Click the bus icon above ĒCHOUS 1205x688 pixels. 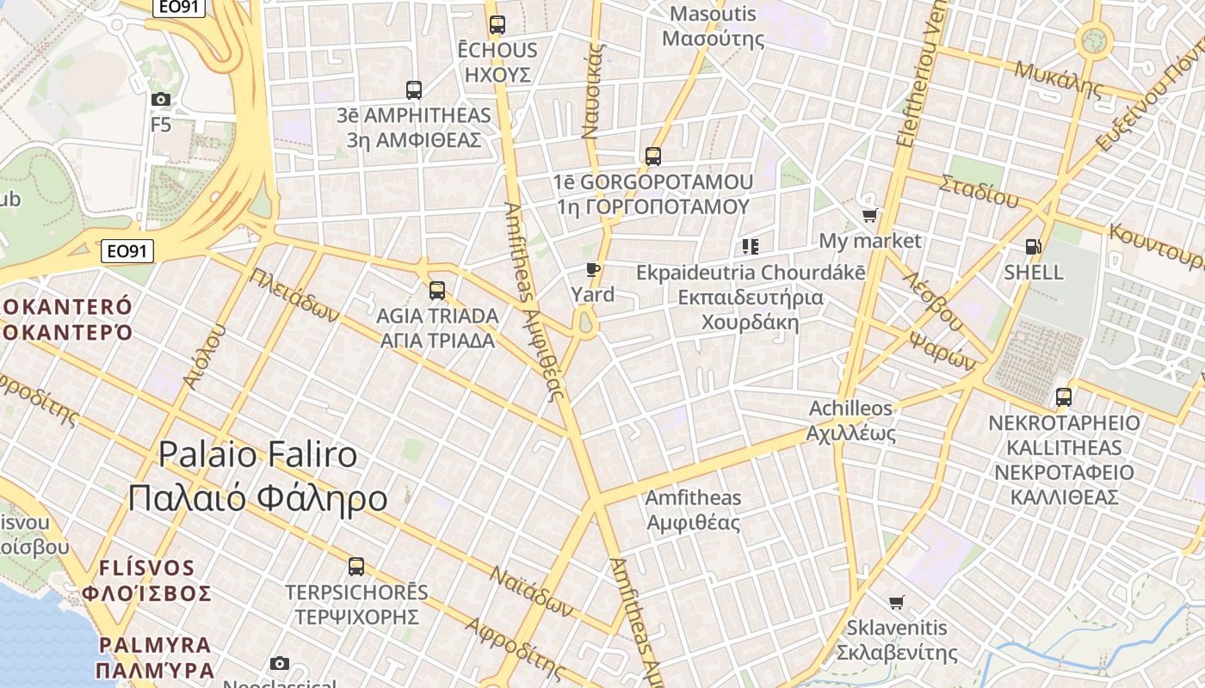497,25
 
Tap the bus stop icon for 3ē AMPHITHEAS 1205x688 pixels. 414,89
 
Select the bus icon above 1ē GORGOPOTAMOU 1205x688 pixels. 653,157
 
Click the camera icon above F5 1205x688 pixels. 161,100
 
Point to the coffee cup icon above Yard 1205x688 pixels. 592,270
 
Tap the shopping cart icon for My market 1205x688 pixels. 869,216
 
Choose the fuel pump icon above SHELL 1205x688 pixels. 1034,248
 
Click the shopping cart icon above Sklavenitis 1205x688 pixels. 897,602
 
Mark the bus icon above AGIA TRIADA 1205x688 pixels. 437,291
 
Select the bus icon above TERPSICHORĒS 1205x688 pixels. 356,567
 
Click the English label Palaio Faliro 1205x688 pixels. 258,454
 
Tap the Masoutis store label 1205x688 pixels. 713,14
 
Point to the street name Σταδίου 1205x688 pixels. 979,191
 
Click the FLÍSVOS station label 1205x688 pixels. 147,568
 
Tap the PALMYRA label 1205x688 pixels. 155,645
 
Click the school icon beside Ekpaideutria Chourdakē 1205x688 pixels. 751,248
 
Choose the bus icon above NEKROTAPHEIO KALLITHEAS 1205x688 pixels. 1064,397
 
